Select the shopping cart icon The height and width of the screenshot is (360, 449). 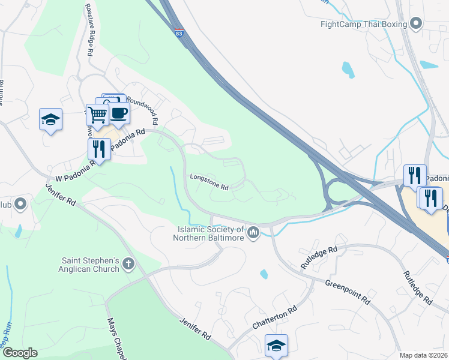(97, 114)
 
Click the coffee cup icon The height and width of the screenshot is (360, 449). (118, 113)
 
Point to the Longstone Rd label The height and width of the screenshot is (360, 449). (209, 182)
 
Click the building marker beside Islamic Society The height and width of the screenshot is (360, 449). (253, 232)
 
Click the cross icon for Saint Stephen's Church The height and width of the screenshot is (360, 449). (128, 263)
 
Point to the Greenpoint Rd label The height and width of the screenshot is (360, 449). (348, 291)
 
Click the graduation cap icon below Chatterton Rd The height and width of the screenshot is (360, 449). (276, 346)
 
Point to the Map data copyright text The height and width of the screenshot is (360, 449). (423, 355)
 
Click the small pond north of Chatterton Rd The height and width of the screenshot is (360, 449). (264, 274)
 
